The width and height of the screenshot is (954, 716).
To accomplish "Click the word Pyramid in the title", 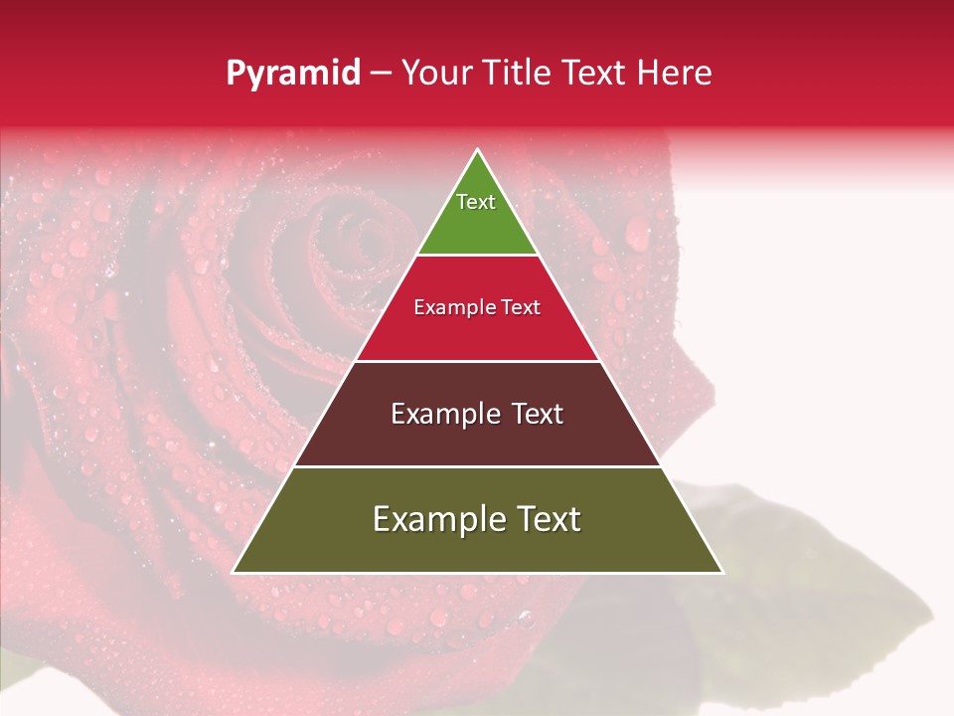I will [x=292, y=74].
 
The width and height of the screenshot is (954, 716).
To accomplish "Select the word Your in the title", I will [x=438, y=74].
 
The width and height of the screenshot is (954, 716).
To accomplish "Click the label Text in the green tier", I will [x=476, y=202].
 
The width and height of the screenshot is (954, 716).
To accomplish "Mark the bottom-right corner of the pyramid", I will [x=721, y=572].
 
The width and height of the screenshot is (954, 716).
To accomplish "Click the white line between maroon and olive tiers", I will [x=477, y=466].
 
